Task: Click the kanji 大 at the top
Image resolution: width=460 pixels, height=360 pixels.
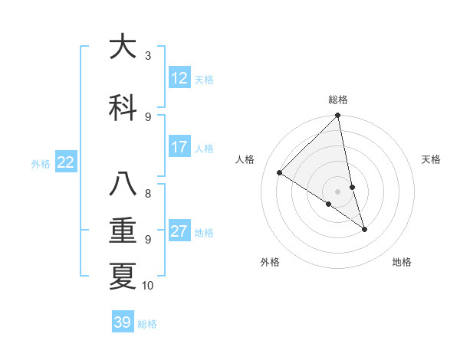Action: (x=123, y=47)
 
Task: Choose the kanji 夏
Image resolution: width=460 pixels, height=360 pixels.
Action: (x=123, y=277)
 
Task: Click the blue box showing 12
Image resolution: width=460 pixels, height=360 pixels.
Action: (x=179, y=78)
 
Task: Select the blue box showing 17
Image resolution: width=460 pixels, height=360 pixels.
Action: (x=179, y=147)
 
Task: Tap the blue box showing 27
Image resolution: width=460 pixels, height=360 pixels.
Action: (x=179, y=231)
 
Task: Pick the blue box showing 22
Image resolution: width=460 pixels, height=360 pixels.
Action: (x=66, y=162)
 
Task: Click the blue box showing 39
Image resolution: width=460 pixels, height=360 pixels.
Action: (x=123, y=322)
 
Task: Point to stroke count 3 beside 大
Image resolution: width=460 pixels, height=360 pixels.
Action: (x=148, y=55)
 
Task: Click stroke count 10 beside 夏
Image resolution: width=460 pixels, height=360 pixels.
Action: (x=148, y=286)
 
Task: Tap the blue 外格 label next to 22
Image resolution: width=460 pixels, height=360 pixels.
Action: (x=41, y=163)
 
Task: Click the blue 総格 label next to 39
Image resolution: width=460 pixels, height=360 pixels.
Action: (x=147, y=324)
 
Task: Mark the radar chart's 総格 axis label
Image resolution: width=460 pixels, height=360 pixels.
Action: (x=338, y=100)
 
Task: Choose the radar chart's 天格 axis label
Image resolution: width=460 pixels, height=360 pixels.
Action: (x=431, y=159)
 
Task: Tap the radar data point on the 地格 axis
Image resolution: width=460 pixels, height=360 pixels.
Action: (x=365, y=229)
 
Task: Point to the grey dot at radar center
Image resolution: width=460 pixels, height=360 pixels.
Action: (x=338, y=191)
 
